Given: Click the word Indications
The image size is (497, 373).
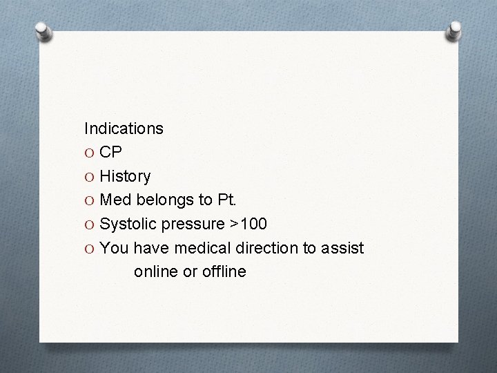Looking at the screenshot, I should pyautogui.click(x=124, y=128).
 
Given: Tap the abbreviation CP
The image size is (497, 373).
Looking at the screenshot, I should pyautogui.click(x=111, y=153).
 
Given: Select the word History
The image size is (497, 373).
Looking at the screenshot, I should pyautogui.click(x=125, y=177).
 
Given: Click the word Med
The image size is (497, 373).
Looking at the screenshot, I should pyautogui.click(x=115, y=200).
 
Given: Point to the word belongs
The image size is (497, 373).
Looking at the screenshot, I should pyautogui.click(x=163, y=200).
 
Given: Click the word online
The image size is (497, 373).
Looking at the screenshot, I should pyautogui.click(x=156, y=271).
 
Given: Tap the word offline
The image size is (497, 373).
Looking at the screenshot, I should pyautogui.click(x=223, y=271).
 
